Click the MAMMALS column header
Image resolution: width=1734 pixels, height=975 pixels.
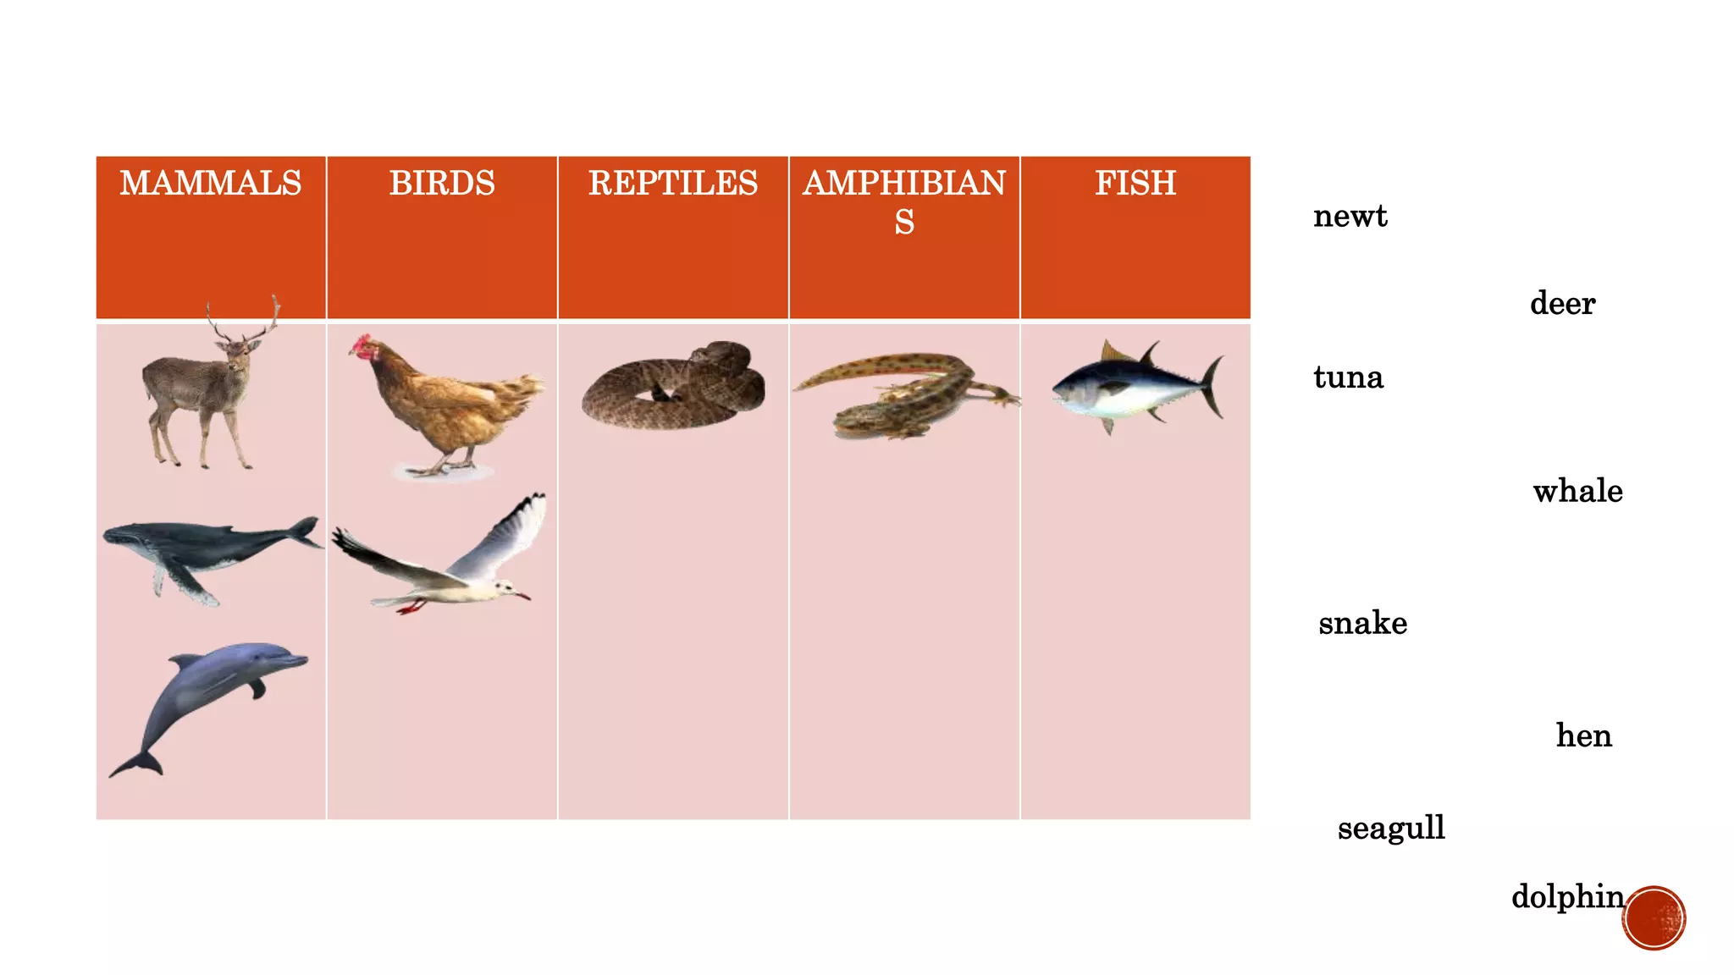pos(210,184)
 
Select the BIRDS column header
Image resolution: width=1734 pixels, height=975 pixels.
pos(442,184)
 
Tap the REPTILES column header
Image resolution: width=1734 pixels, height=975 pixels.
pos(673,184)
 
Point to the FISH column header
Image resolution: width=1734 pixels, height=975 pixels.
pos(1135,184)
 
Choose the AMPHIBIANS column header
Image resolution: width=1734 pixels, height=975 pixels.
pos(904,201)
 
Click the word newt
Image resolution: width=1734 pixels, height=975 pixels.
pos(1350,217)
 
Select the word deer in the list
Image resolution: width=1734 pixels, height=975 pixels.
pos(1562,303)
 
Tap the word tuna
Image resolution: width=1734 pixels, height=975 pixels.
pos(1348,377)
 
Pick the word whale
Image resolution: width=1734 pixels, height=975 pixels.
pos(1577,491)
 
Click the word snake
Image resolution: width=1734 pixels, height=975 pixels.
pos(1362,623)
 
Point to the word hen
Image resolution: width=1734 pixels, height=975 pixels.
pos(1583,735)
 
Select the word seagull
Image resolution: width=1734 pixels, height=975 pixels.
pos(1391,828)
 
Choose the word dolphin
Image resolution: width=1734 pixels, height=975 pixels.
pos(1567,896)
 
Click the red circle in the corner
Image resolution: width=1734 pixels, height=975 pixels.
pos(1654,918)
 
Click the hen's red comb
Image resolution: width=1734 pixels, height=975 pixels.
pos(362,343)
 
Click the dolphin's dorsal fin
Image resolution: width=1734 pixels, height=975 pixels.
pos(186,659)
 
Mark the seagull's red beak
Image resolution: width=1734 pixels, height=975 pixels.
pos(522,596)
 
